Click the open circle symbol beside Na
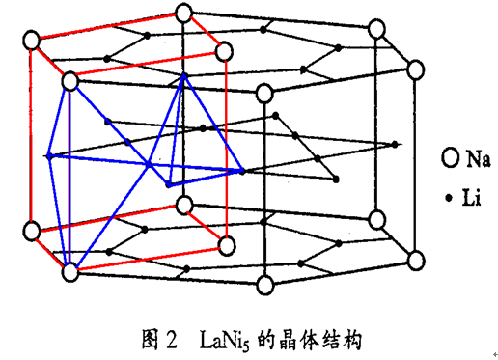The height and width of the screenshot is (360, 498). coord(449,155)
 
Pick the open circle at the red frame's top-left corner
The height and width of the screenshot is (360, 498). coord(32,42)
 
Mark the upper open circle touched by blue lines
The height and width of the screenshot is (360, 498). coord(69,83)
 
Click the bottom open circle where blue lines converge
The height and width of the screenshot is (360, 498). coord(69,273)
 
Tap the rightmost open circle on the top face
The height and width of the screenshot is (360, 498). coord(415,69)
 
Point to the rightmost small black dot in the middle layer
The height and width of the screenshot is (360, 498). coord(395,144)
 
